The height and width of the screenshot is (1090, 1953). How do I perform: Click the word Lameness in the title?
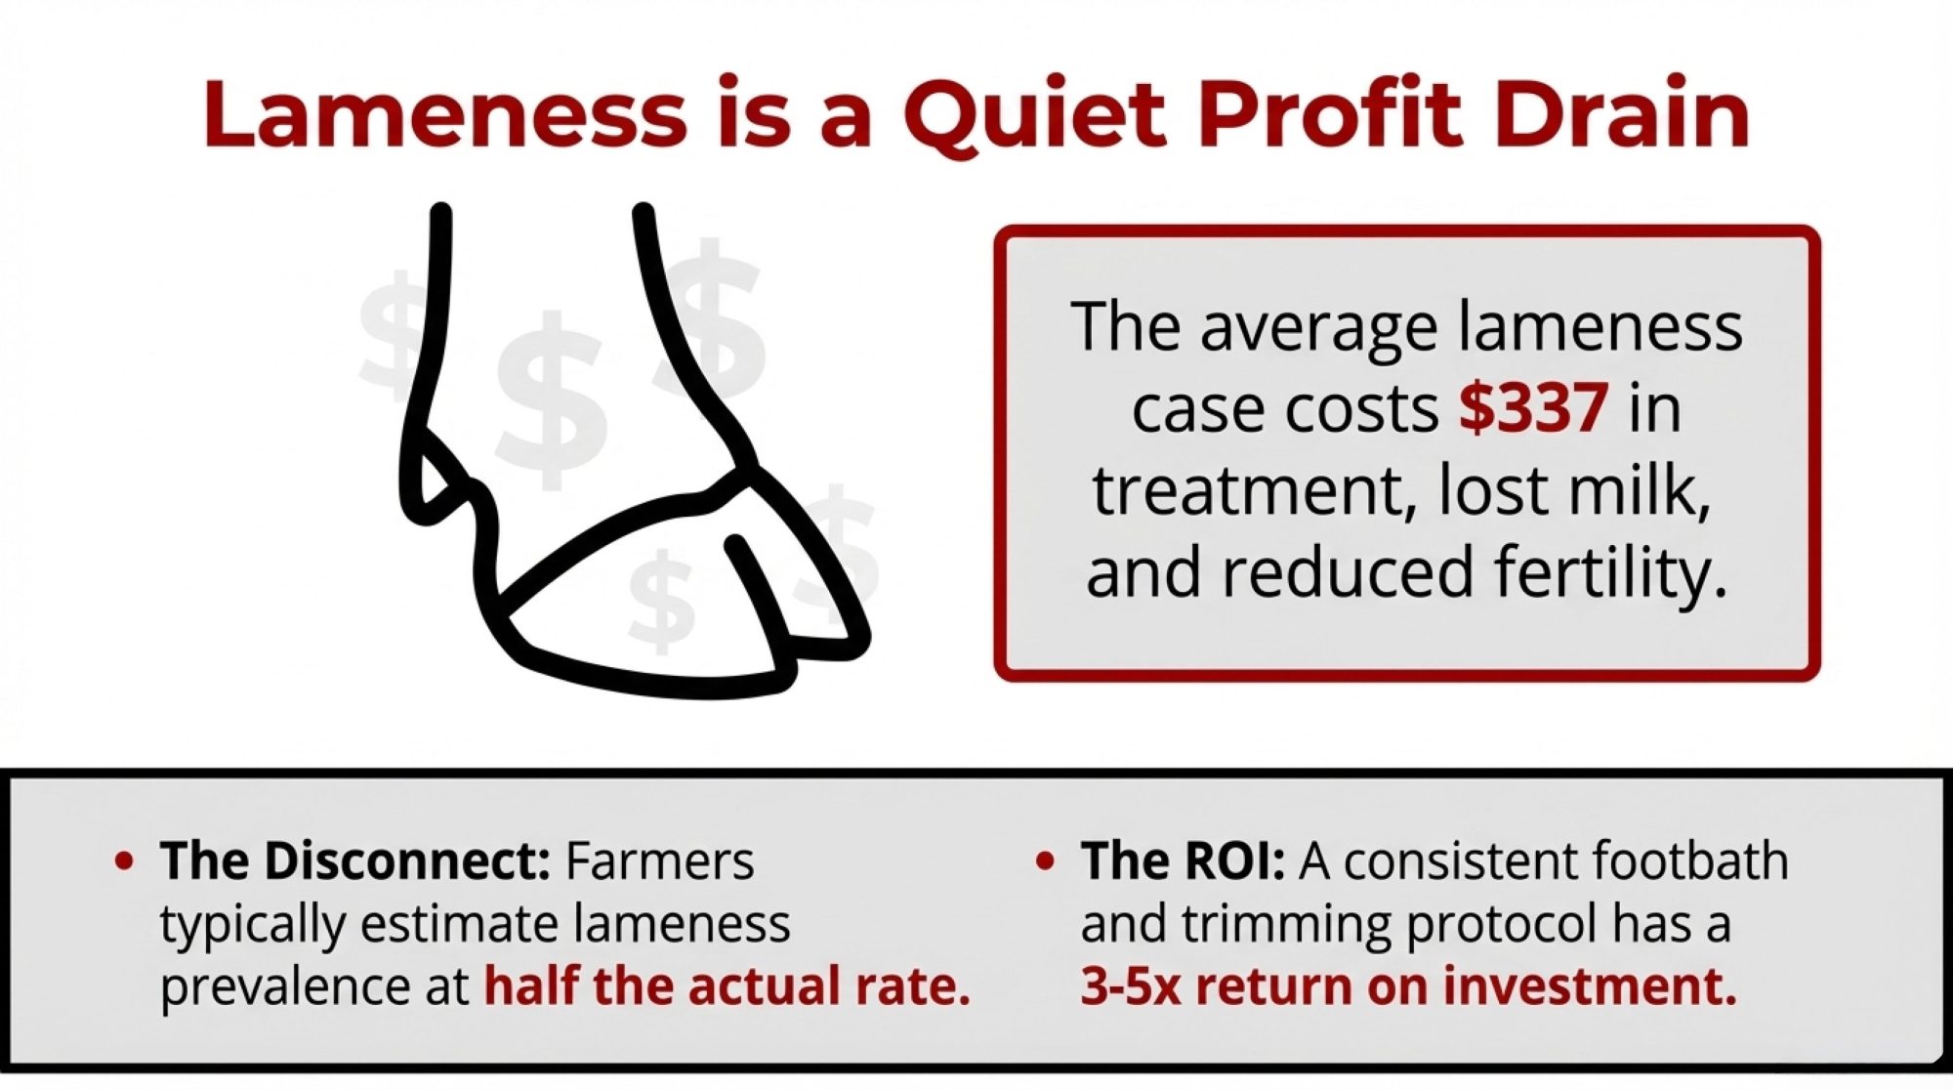[446, 114]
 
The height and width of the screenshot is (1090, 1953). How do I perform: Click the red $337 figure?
[1533, 407]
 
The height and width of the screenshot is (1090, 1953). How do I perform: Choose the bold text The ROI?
[1183, 860]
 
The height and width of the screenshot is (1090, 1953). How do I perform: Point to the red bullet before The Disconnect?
[124, 862]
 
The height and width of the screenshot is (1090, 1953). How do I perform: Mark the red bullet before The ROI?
[1045, 862]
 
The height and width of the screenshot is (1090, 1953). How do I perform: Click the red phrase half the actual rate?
[727, 986]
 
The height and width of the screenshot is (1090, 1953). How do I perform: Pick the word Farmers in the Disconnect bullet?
[660, 861]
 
